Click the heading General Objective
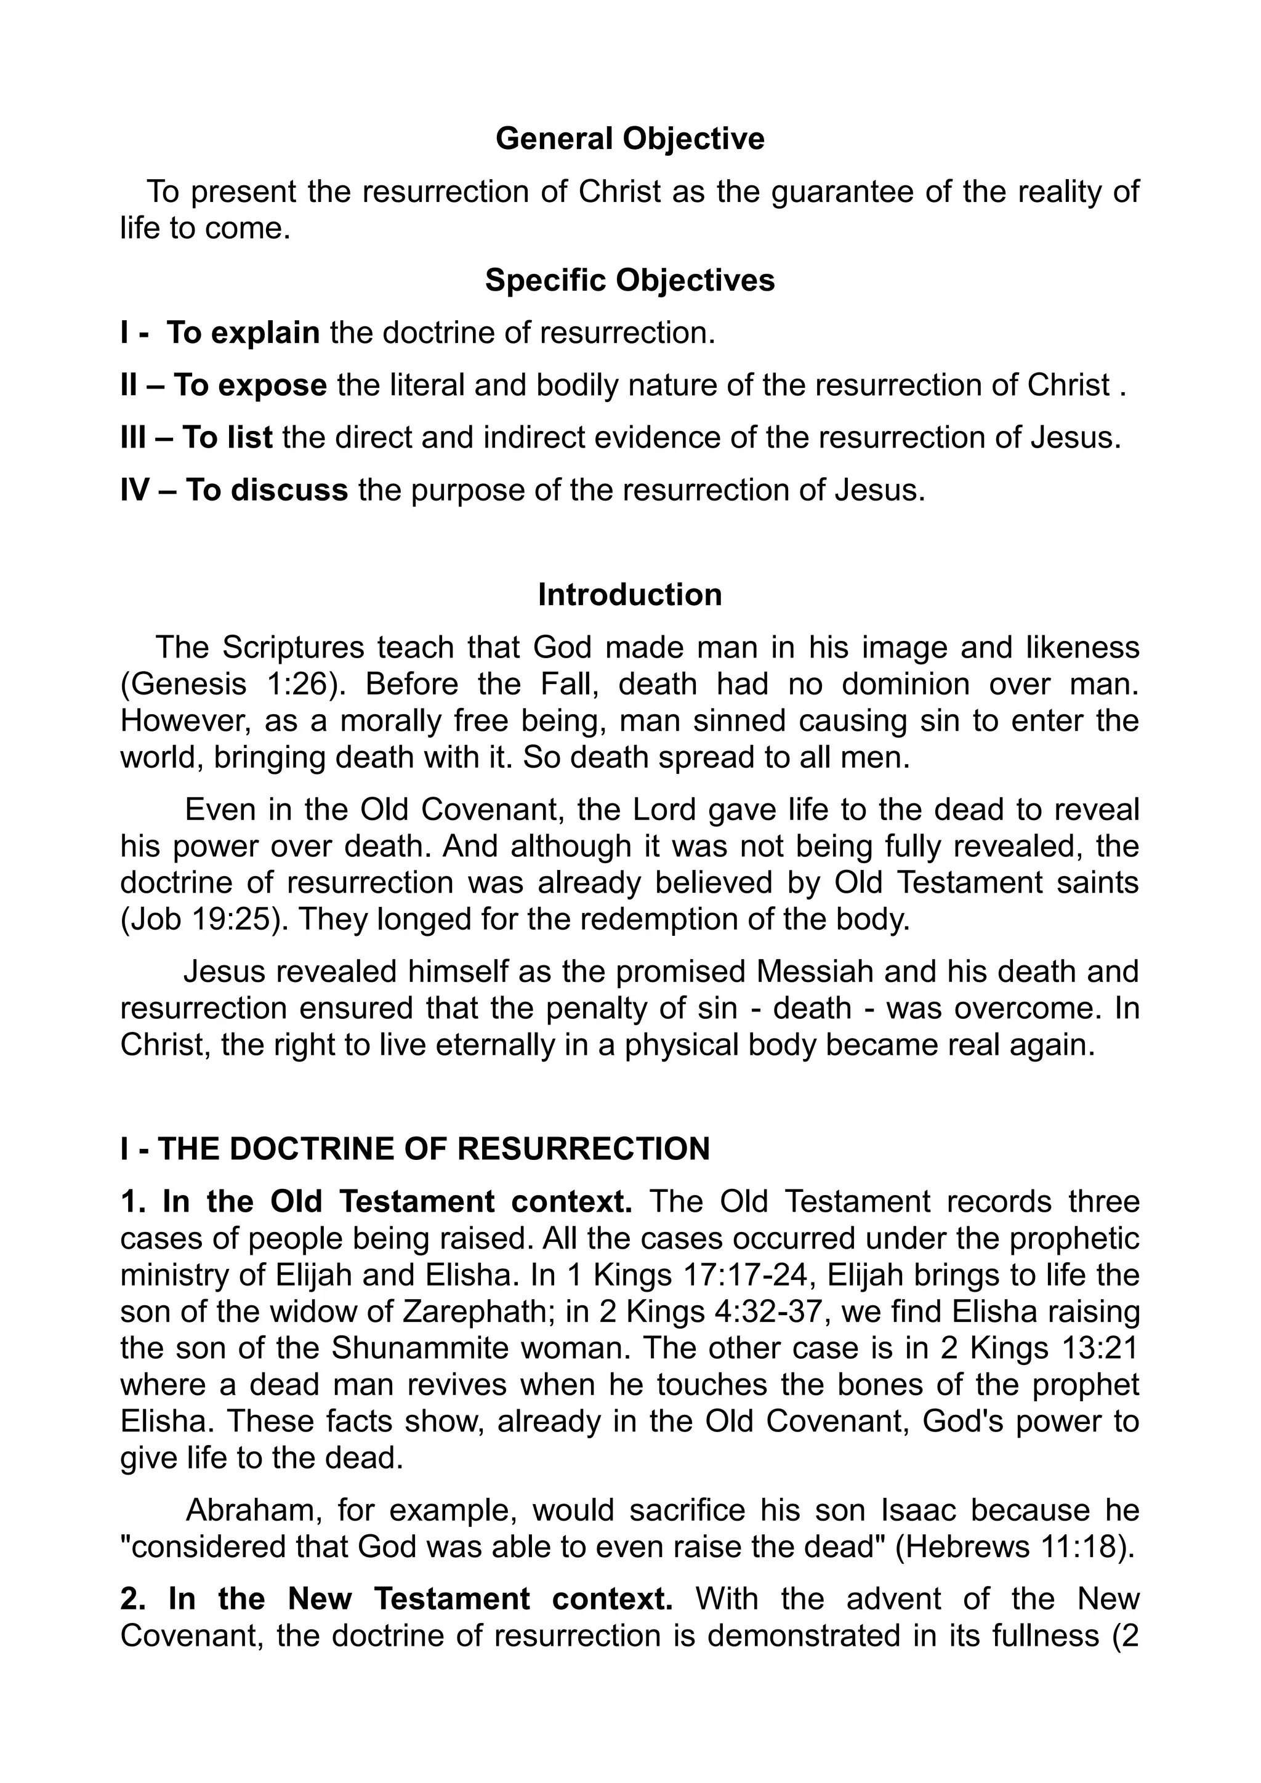coord(630,139)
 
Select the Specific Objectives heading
coord(630,280)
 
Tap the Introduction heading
coord(630,595)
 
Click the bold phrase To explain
coord(243,333)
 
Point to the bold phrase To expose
coord(250,386)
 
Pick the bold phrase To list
coord(227,438)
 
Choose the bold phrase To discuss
coord(267,491)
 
